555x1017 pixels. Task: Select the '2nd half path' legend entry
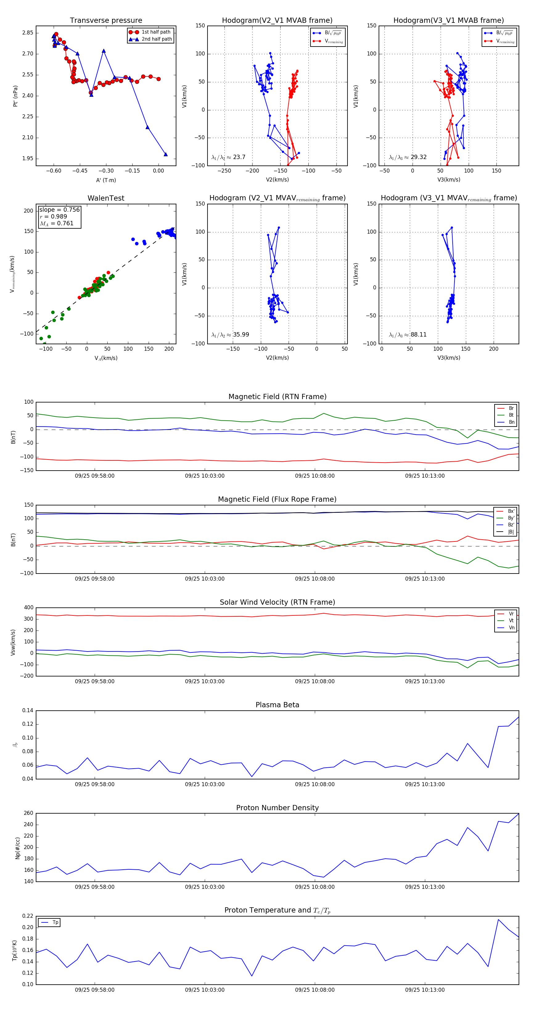[156, 39]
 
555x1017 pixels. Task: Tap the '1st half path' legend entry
[156, 32]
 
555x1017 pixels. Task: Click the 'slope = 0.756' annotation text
[59, 210]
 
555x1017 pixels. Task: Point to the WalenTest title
[106, 198]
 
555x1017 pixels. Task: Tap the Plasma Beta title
[277, 705]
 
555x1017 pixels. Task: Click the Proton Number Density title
[277, 808]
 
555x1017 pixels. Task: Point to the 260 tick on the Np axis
[28, 813]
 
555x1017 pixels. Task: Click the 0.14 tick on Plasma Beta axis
[28, 711]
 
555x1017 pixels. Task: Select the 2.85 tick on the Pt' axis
[28, 33]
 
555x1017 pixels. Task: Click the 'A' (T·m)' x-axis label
[106, 180]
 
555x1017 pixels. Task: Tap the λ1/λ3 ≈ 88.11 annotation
[408, 335]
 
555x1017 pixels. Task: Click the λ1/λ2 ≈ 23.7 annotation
[228, 157]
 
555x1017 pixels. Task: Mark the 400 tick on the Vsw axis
[28, 608]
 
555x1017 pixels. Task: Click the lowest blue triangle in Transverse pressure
[166, 154]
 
